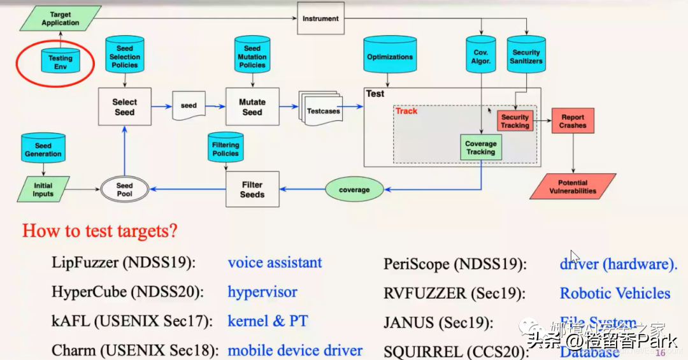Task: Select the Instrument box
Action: pos(320,18)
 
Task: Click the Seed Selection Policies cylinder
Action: pos(125,57)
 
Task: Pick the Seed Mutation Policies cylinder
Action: pos(252,57)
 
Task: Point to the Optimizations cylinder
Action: pos(390,57)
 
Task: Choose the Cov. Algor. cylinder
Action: pos(482,57)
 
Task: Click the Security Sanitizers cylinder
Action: pos(526,57)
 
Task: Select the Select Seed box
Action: pos(125,106)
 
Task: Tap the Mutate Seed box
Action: pos(252,106)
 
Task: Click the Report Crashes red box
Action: pos(573,121)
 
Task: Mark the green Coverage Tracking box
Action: pos(480,148)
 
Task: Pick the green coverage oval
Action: pos(354,189)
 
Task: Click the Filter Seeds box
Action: pos(252,189)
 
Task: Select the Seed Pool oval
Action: pos(125,189)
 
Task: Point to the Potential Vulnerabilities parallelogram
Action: pos(573,187)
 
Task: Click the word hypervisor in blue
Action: pos(262,292)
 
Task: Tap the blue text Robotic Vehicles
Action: pos(615,293)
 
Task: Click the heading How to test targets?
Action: pos(100,231)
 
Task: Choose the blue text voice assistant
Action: pos(275,263)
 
